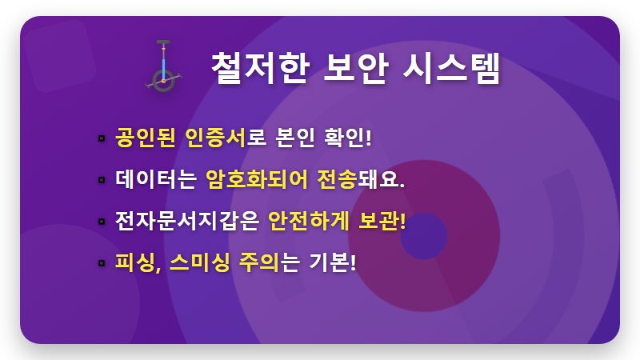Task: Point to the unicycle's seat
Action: coord(164,43)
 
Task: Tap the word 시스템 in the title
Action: coord(454,68)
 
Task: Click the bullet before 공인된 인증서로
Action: coord(102,138)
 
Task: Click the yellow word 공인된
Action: coord(145,137)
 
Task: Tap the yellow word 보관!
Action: coord(382,220)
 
